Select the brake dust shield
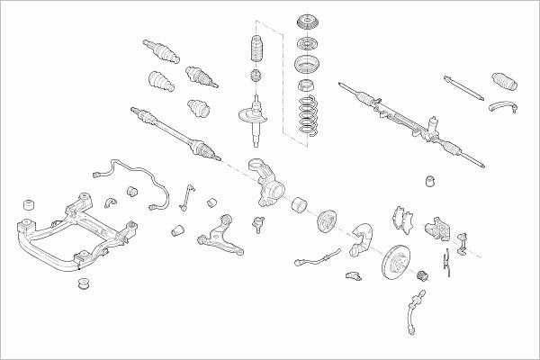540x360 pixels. click(365, 231)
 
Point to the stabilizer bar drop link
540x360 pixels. click(186, 198)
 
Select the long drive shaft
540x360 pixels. click(176, 133)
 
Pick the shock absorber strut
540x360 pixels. click(254, 121)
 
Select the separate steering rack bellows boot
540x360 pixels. click(504, 83)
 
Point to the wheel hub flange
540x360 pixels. click(325, 220)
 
